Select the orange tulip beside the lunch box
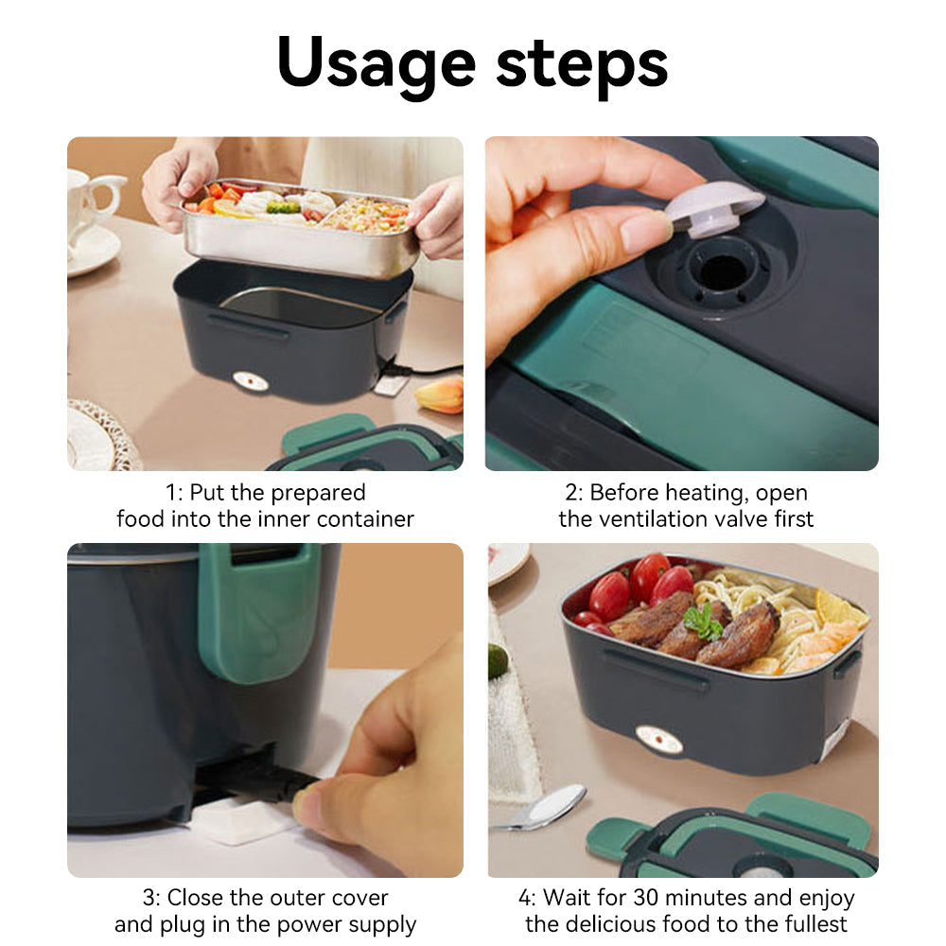pyautogui.click(x=440, y=395)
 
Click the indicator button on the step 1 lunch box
pyautogui.click(x=251, y=381)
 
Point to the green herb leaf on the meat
pyautogui.click(x=703, y=622)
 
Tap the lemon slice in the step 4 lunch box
pyautogui.click(x=838, y=607)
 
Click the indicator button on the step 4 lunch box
pyautogui.click(x=659, y=739)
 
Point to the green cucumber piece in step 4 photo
pyautogui.click(x=498, y=661)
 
